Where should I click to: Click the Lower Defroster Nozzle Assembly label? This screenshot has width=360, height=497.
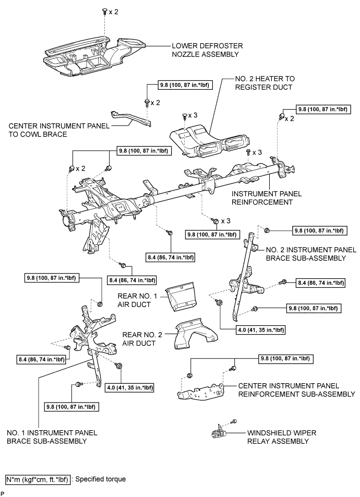pos(207,50)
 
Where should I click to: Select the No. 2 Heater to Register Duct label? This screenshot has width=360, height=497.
pos(265,83)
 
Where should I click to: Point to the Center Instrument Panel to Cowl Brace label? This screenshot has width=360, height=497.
pos(59,130)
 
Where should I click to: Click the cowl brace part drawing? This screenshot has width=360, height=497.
pos(131,119)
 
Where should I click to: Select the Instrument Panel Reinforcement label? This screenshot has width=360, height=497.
pos(267,198)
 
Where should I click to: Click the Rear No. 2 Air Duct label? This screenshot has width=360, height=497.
pos(142,339)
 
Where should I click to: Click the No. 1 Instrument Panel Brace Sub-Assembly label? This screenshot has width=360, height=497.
pos(52,437)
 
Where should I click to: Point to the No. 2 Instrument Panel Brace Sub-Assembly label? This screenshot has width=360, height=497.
pos(311,254)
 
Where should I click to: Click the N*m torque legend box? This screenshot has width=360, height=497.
pos(38,480)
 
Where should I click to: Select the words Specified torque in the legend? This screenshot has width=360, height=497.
pos(101,479)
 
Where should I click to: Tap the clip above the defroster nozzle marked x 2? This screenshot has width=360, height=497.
pos(104,11)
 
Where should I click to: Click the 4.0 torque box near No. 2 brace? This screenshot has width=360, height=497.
pos(261,330)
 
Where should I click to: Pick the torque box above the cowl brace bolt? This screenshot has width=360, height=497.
pos(185,85)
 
